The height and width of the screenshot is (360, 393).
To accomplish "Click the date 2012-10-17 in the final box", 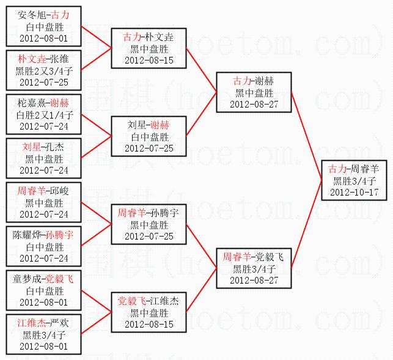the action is click(x=354, y=192).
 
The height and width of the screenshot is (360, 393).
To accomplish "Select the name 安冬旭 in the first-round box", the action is click(x=31, y=15).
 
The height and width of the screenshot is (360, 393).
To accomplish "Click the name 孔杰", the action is click(x=56, y=147).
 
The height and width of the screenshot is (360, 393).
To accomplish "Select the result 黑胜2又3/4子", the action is click(x=43, y=70).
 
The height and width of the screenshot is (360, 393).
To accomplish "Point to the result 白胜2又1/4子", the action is click(x=43, y=114).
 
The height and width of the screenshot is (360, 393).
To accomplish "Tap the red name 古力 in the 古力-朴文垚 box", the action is click(x=131, y=37).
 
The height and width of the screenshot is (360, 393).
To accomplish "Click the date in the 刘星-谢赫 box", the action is click(x=149, y=149).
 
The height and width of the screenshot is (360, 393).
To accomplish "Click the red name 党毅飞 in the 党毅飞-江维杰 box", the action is click(x=131, y=301).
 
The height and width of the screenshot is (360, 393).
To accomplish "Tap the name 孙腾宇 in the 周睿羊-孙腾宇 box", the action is click(x=164, y=213).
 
